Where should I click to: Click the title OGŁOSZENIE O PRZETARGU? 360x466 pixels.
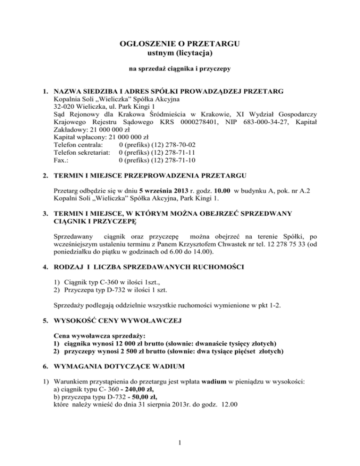click(180, 45)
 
